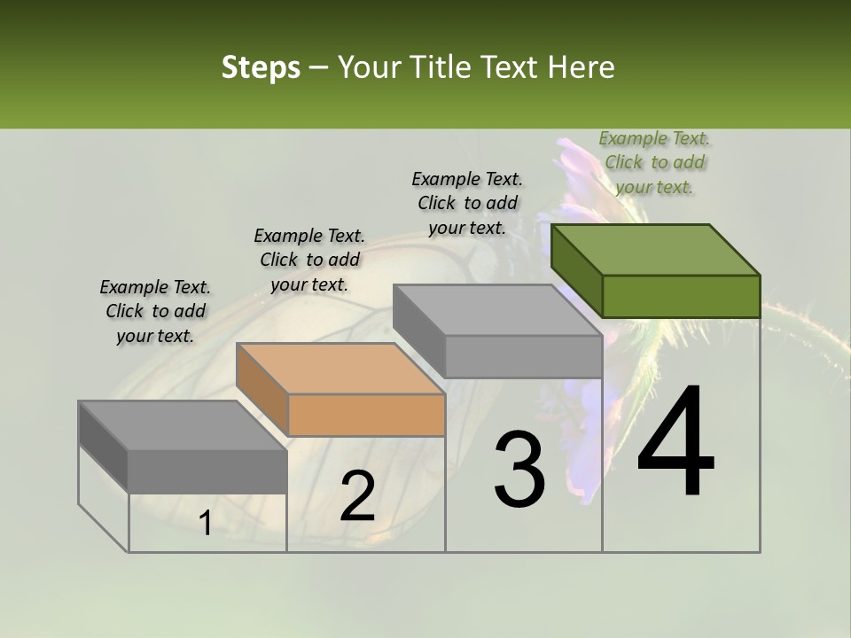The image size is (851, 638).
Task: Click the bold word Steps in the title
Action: (261, 67)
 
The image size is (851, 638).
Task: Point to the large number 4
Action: (675, 443)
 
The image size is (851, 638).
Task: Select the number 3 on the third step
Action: (519, 470)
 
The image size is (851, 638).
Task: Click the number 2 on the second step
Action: (358, 496)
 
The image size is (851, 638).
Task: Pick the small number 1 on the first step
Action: (205, 524)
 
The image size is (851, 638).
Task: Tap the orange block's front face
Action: (367, 415)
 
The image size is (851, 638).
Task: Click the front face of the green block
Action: (681, 296)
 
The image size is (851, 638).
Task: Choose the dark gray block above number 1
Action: (207, 470)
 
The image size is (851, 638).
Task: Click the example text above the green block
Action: (654, 163)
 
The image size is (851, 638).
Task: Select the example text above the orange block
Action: (309, 260)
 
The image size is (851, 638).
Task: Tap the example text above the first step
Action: (155, 311)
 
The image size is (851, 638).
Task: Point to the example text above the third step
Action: (467, 203)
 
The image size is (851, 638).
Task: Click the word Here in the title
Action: (582, 67)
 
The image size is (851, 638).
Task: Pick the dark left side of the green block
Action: (576, 270)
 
